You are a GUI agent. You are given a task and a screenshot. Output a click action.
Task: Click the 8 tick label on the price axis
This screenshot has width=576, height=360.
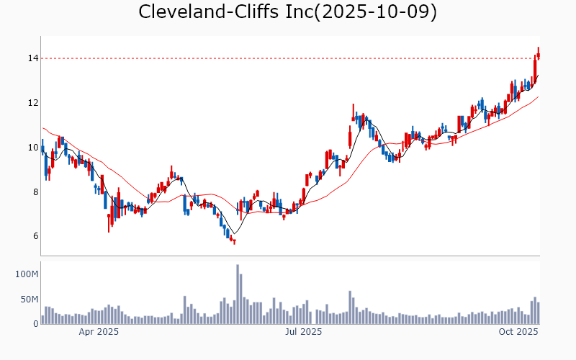32,192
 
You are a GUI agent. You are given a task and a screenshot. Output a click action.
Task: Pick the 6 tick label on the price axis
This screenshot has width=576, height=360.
32,236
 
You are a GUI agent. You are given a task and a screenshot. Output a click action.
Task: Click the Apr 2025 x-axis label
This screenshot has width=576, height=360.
99,332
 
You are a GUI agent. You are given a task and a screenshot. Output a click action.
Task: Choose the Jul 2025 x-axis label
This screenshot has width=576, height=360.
303,332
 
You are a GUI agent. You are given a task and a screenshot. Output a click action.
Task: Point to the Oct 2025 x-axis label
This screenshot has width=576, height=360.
519,332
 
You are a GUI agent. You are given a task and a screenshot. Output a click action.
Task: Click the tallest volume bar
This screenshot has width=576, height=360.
238,294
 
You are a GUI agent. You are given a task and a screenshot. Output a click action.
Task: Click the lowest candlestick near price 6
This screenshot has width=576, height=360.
234,240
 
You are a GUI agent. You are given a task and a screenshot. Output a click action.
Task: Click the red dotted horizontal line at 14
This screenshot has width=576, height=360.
288,58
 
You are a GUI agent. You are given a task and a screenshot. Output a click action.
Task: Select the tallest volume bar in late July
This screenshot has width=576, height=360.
350,307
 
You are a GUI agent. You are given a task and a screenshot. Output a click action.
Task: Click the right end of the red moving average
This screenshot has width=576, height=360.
539,96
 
